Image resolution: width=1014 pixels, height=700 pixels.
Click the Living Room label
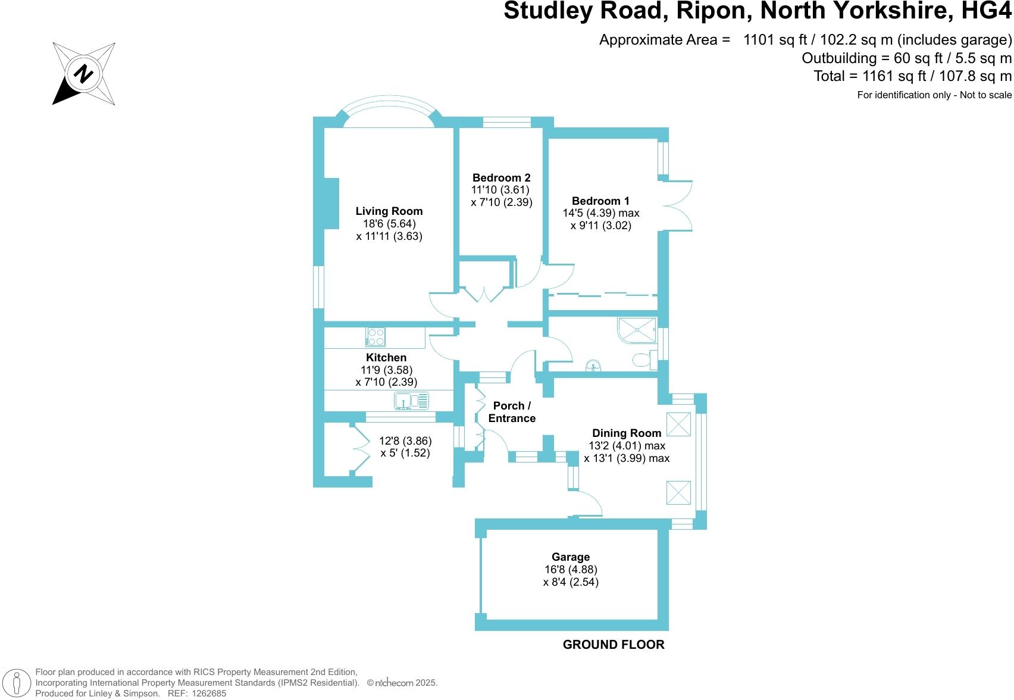coord(389,211)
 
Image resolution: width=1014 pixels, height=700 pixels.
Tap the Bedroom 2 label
coord(501,177)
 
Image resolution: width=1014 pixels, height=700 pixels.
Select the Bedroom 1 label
coord(600,201)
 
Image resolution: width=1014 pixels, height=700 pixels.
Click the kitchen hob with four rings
coord(375,337)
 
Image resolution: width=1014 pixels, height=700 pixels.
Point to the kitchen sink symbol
coord(411,401)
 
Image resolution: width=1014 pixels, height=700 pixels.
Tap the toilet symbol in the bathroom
coord(643,360)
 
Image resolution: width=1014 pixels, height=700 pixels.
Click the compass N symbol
coord(84,74)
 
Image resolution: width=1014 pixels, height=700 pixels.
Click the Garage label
coord(571,557)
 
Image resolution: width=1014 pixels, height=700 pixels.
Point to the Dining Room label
coord(627,433)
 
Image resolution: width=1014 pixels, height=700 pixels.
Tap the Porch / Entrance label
coord(512,412)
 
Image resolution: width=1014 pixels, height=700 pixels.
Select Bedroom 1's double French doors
coord(677,206)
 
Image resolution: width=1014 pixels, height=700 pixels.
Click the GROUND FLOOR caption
coord(614,645)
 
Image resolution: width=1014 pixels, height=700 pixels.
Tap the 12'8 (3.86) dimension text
coord(405,441)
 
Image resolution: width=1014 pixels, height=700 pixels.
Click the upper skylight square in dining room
coord(678,424)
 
